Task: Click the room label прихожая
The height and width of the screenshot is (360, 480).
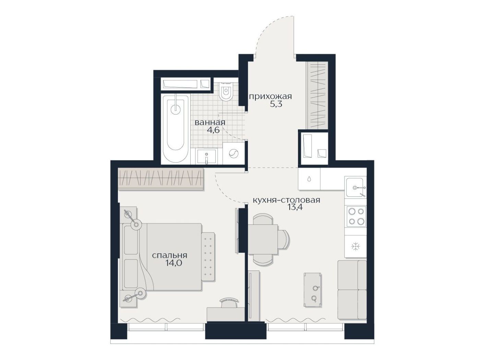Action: point(271,96)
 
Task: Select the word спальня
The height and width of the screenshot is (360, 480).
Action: point(169,255)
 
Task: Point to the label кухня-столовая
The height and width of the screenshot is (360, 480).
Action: point(286,200)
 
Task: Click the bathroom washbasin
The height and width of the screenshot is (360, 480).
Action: point(206,156)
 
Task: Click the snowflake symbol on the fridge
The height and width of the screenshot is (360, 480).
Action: point(355,246)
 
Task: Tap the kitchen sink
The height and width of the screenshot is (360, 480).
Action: point(355,187)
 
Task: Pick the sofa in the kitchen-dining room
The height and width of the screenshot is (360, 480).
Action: point(352,289)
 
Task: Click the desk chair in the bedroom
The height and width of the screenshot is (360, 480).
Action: point(229,303)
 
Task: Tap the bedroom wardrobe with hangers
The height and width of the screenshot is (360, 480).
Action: point(161,178)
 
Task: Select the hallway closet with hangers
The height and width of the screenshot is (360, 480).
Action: point(317,95)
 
